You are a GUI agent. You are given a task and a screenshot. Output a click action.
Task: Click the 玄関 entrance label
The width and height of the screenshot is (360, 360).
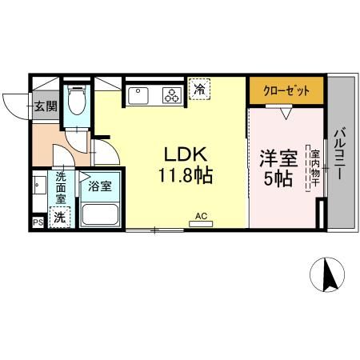coord(45,106)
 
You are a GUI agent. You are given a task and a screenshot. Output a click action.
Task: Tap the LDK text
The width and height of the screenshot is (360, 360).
coord(188,154)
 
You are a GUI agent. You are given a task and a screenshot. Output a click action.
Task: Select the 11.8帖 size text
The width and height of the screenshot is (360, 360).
coord(188,176)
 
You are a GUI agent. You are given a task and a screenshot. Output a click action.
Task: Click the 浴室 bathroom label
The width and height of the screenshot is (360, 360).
coord(100,186)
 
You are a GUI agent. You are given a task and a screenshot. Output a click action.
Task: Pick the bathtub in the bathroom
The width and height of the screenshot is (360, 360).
coord(100,214)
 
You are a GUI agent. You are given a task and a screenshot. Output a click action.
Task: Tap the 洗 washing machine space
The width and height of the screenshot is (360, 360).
coord(59,216)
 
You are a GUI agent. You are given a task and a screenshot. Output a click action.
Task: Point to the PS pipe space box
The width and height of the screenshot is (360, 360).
coord(37,223)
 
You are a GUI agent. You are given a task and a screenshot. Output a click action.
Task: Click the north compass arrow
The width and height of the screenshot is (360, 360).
coord(326,276)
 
